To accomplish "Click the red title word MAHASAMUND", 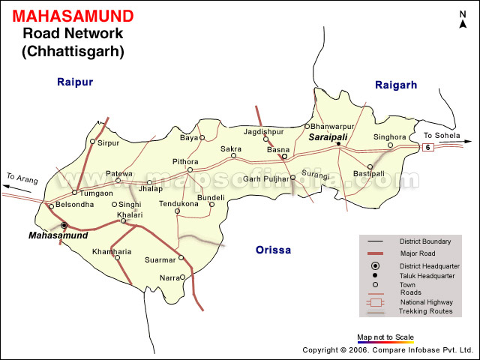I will click(73, 16).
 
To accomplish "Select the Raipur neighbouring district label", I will click(75, 82).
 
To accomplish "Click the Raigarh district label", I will click(395, 85).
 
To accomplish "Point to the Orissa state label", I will click(272, 250).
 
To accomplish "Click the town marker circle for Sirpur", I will click(92, 141).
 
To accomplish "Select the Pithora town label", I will click(185, 161).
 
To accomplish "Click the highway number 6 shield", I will click(427, 147).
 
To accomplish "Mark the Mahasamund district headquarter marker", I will click(64, 225).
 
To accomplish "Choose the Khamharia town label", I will click(112, 251).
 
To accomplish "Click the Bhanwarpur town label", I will click(331, 126).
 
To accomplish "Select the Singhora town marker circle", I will click(390, 145).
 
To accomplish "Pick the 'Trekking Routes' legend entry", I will click(425, 311).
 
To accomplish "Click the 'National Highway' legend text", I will click(426, 301).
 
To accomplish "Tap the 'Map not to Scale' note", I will click(385, 337).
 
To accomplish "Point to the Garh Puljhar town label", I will click(265, 178).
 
